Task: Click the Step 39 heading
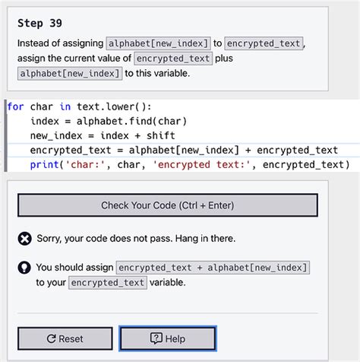pos(39,23)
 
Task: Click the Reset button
pos(65,338)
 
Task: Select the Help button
pos(167,338)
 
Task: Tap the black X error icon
pos(24,239)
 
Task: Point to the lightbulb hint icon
pos(24,268)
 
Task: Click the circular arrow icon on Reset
pos(51,338)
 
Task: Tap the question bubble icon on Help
pos(156,338)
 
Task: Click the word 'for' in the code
pos(15,106)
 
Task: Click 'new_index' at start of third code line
pos(57,135)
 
